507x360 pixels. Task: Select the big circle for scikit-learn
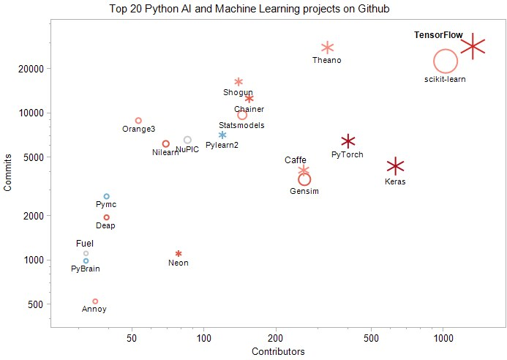446,62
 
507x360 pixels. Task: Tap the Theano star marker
327,48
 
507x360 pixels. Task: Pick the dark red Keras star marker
395,166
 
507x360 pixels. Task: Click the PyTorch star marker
348,141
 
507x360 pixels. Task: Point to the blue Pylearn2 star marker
222,135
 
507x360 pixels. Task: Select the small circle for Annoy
95,301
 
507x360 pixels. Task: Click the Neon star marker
179,254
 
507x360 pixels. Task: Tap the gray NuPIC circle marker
187,140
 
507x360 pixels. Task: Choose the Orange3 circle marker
138,121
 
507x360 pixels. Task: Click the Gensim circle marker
304,179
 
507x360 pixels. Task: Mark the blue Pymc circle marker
107,197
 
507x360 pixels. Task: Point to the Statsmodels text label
241,125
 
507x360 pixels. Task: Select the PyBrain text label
86,269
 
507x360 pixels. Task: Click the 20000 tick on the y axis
33,69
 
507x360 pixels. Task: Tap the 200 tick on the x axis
275,338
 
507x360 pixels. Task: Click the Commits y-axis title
8,176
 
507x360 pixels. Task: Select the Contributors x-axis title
278,352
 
